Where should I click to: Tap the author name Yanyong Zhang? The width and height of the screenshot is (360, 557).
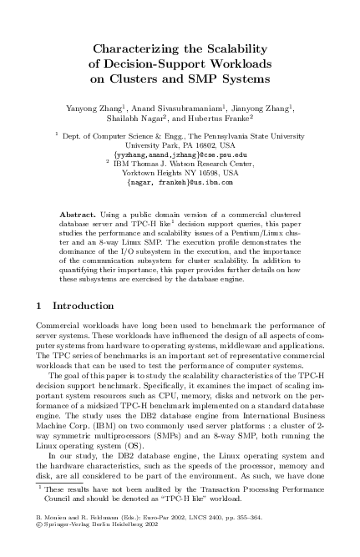92,109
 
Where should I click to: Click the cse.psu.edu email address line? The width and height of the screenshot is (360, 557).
180,155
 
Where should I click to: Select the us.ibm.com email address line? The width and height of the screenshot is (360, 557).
180,183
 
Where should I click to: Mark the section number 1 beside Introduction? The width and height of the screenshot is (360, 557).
42,306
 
